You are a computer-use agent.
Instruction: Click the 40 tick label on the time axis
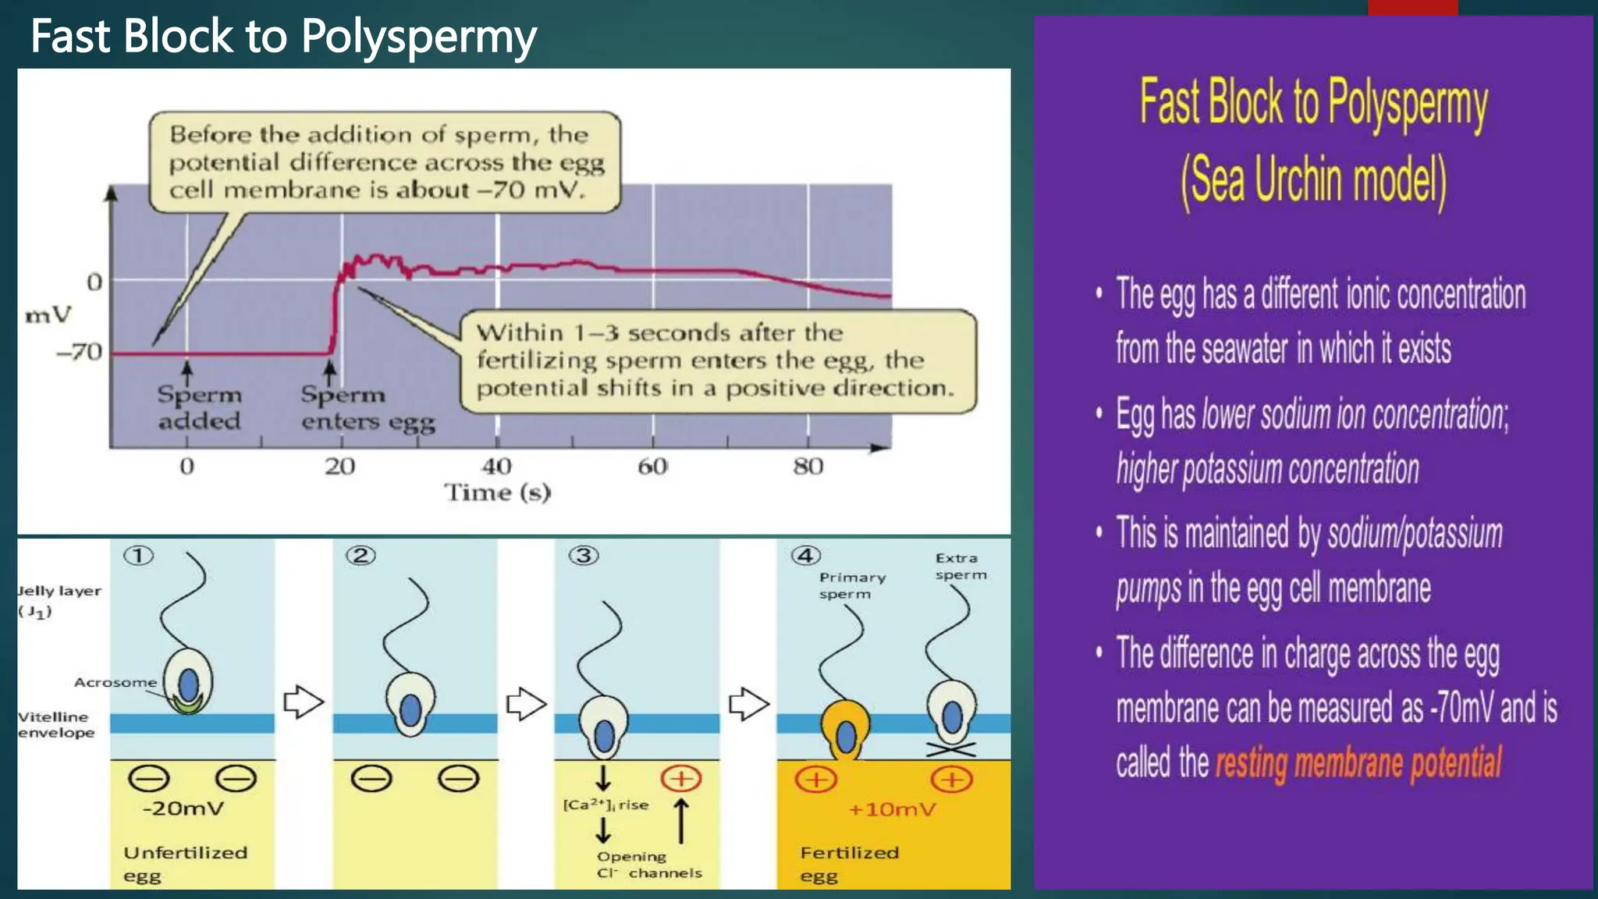[x=497, y=466]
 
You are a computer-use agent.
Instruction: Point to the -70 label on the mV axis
[x=80, y=352]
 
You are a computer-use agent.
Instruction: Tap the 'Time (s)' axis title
[x=498, y=492]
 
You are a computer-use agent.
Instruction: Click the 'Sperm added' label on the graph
[x=200, y=407]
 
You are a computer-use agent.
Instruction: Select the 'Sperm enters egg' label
[x=368, y=407]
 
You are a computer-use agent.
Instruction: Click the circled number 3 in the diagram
[x=584, y=556]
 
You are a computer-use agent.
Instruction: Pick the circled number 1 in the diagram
[x=139, y=556]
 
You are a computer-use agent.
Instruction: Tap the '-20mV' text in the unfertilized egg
[x=183, y=808]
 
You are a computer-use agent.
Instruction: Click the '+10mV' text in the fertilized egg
[x=891, y=809]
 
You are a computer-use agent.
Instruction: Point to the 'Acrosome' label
[x=115, y=682]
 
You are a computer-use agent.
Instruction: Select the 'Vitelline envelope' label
[x=55, y=724]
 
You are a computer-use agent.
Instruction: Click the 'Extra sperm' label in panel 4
[x=961, y=567]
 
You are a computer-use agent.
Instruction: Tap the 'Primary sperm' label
[x=852, y=585]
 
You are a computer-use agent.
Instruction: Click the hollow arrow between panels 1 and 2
[x=304, y=702]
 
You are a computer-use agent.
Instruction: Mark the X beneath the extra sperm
[x=951, y=750]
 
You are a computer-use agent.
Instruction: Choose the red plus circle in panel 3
[x=681, y=778]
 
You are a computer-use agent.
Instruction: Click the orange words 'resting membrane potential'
[x=1358, y=762]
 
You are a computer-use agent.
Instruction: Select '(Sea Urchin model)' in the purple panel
[x=1313, y=181]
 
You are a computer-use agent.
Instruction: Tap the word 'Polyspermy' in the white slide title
[x=418, y=37]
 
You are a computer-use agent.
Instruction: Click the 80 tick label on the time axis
[x=808, y=466]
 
